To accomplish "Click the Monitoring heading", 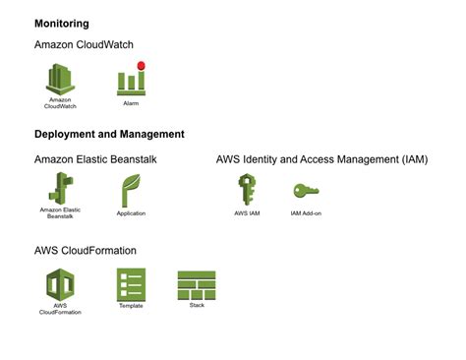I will click(61, 23).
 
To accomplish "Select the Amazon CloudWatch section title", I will click(84, 45).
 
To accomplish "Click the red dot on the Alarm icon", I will click(141, 66).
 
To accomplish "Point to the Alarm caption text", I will click(131, 102).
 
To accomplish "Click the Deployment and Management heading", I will click(109, 134).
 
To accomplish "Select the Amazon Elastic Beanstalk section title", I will click(95, 158).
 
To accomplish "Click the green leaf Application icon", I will click(131, 190).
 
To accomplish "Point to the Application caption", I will click(131, 212).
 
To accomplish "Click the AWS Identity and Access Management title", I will click(321, 158).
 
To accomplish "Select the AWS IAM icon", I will click(247, 188).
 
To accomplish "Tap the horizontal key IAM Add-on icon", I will click(306, 190).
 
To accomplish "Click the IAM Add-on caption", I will click(306, 212).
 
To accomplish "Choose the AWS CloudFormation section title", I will click(85, 251).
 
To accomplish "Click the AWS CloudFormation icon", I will click(60, 284).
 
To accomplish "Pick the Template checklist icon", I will click(131, 283).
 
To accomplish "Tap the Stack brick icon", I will click(197, 284).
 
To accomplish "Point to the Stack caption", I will click(197, 305).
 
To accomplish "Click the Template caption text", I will click(131, 305).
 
